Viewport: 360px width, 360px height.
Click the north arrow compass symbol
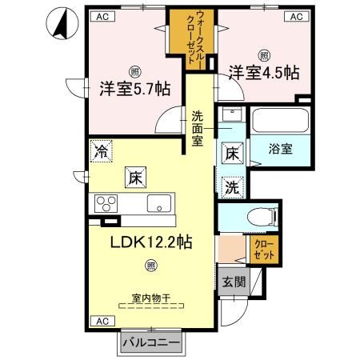click(59, 22)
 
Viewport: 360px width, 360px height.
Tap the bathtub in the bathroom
click(281, 122)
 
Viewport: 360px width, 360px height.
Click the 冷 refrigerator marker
click(101, 150)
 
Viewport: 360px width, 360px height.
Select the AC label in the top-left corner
click(103, 16)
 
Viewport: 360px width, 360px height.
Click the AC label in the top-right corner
click(295, 16)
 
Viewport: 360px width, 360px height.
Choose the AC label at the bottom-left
click(102, 321)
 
